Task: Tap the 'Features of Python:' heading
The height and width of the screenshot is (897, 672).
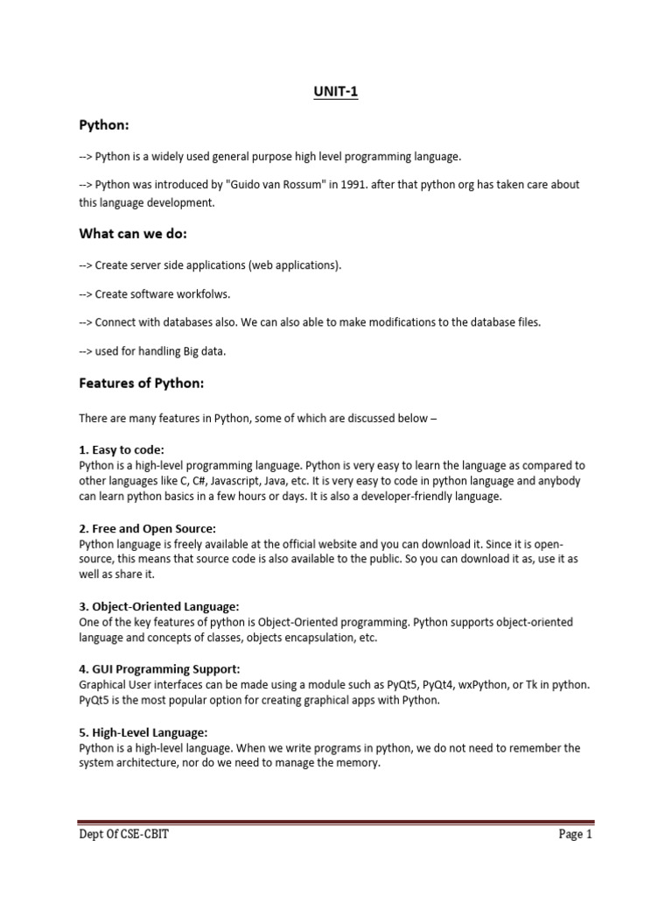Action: click(141, 383)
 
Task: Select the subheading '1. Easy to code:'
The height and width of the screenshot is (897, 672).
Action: click(122, 449)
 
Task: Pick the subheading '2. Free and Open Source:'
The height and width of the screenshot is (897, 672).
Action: click(147, 528)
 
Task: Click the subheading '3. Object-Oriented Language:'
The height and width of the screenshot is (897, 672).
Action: click(158, 606)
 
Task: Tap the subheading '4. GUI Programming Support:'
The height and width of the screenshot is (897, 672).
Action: click(159, 669)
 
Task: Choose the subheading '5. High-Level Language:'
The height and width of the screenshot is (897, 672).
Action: click(143, 732)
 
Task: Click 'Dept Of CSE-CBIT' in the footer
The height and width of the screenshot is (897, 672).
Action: click(123, 835)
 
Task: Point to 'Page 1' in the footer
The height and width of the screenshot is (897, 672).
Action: click(576, 835)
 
